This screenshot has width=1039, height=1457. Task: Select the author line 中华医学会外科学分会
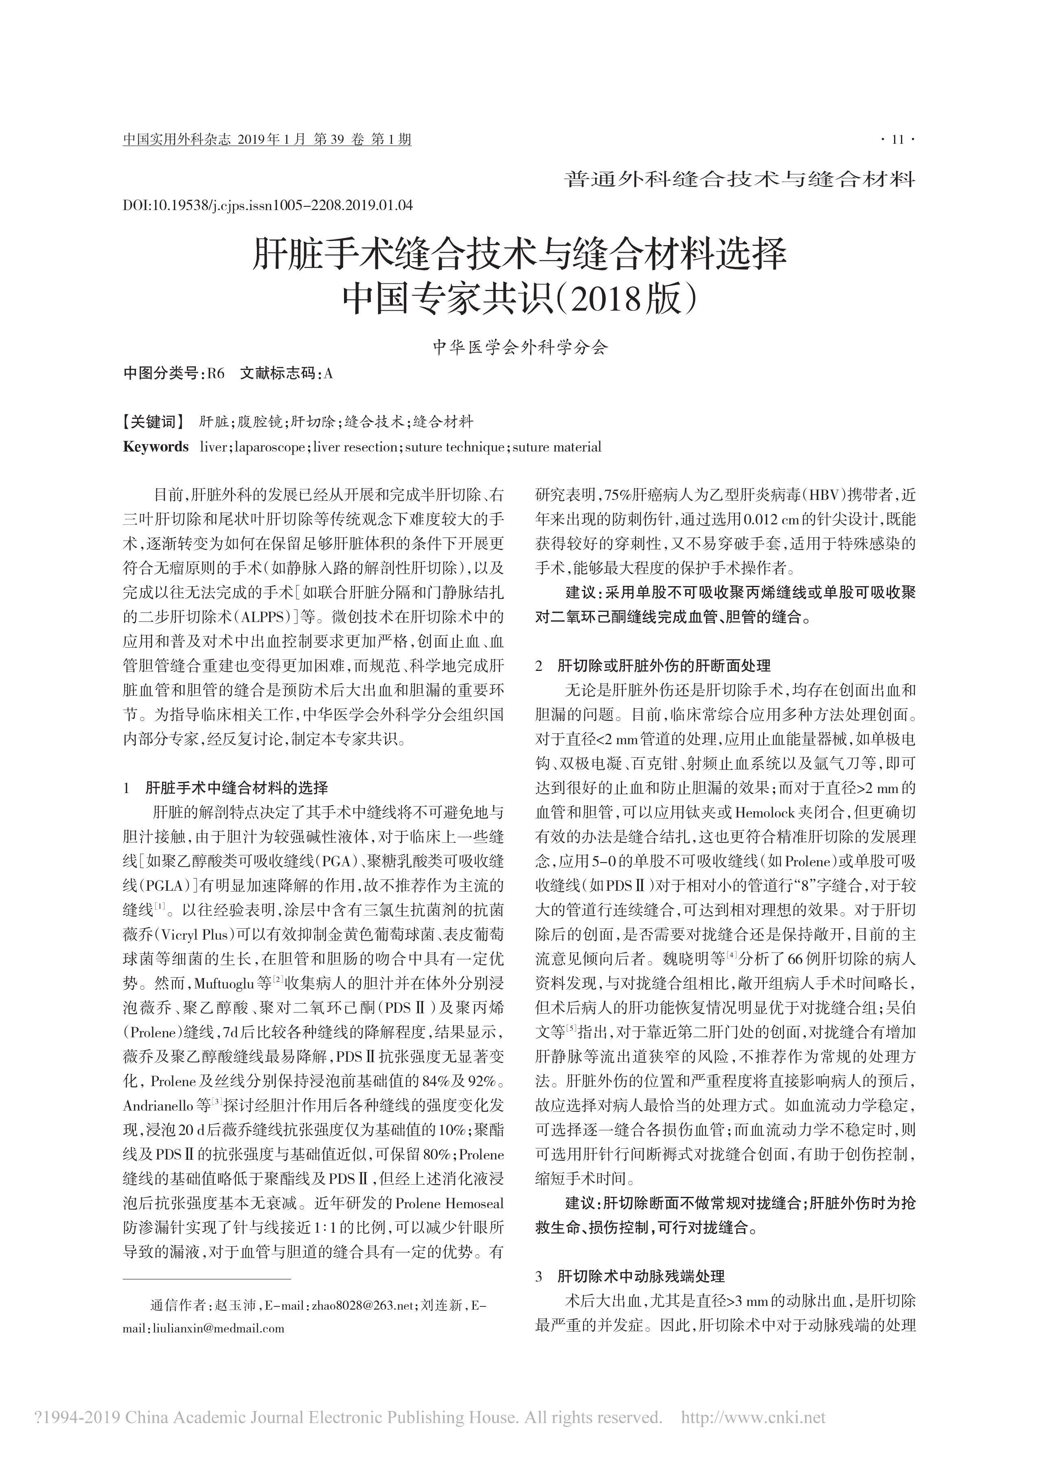[x=519, y=347]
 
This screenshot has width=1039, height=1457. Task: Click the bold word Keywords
[x=156, y=447]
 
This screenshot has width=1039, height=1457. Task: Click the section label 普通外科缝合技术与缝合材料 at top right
[x=740, y=179]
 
